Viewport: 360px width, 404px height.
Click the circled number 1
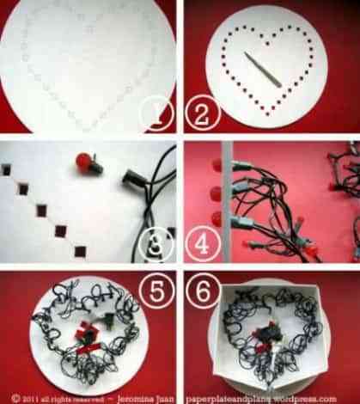point(157,113)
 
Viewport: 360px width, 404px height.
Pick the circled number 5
point(156,293)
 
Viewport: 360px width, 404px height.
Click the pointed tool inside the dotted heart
point(263,69)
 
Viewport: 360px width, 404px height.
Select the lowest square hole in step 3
point(80,251)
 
